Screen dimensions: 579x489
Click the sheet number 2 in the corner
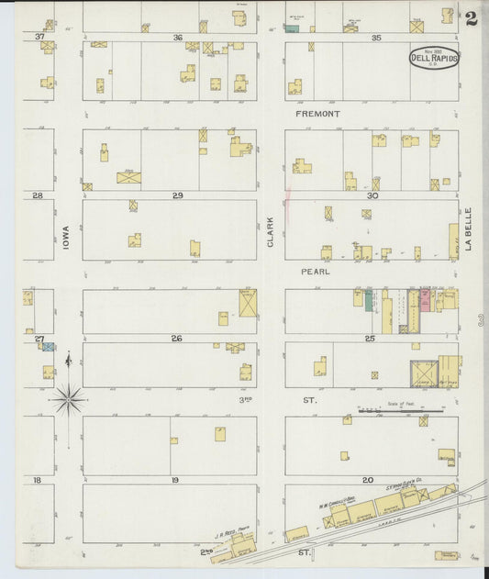point(471,18)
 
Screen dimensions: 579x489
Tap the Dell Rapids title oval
point(434,58)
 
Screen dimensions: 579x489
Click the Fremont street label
point(317,114)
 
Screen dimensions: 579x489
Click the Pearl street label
point(315,272)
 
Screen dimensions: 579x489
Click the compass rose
point(69,397)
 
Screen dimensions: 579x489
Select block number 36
point(177,37)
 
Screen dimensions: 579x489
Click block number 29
point(177,195)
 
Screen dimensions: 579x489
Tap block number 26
point(176,339)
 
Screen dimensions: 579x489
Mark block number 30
point(372,195)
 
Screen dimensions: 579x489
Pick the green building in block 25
point(369,301)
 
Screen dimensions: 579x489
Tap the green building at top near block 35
point(292,28)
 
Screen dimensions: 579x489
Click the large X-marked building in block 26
point(248,303)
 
